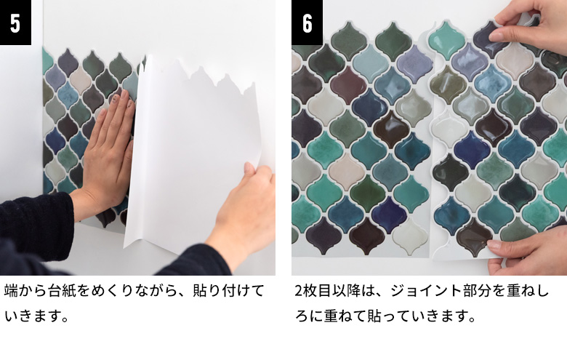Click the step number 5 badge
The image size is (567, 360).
[x=15, y=23]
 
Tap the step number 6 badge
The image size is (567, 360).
[x=307, y=23]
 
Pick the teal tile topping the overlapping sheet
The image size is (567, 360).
[x=446, y=39]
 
